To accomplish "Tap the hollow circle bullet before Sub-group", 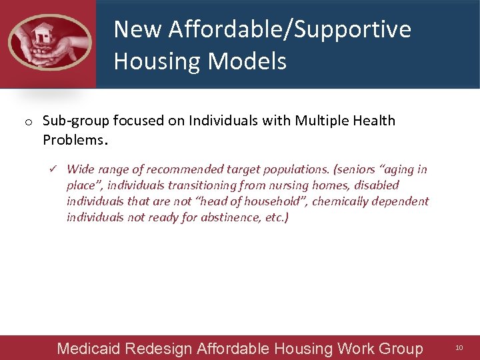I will click(29, 122).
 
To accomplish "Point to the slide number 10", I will click(459, 348).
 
